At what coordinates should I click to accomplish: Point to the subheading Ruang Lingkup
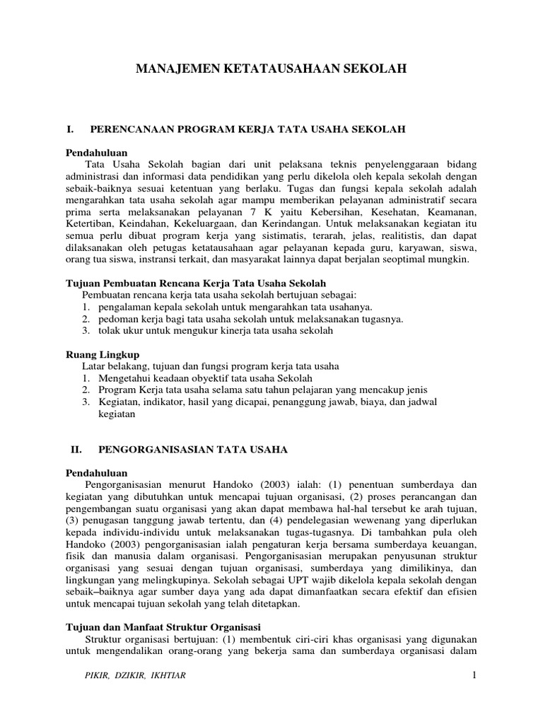[103, 354]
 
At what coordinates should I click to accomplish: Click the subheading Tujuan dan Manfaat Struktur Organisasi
[163, 626]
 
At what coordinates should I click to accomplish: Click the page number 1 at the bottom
[475, 675]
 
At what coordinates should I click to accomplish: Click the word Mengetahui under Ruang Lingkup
[126, 378]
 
